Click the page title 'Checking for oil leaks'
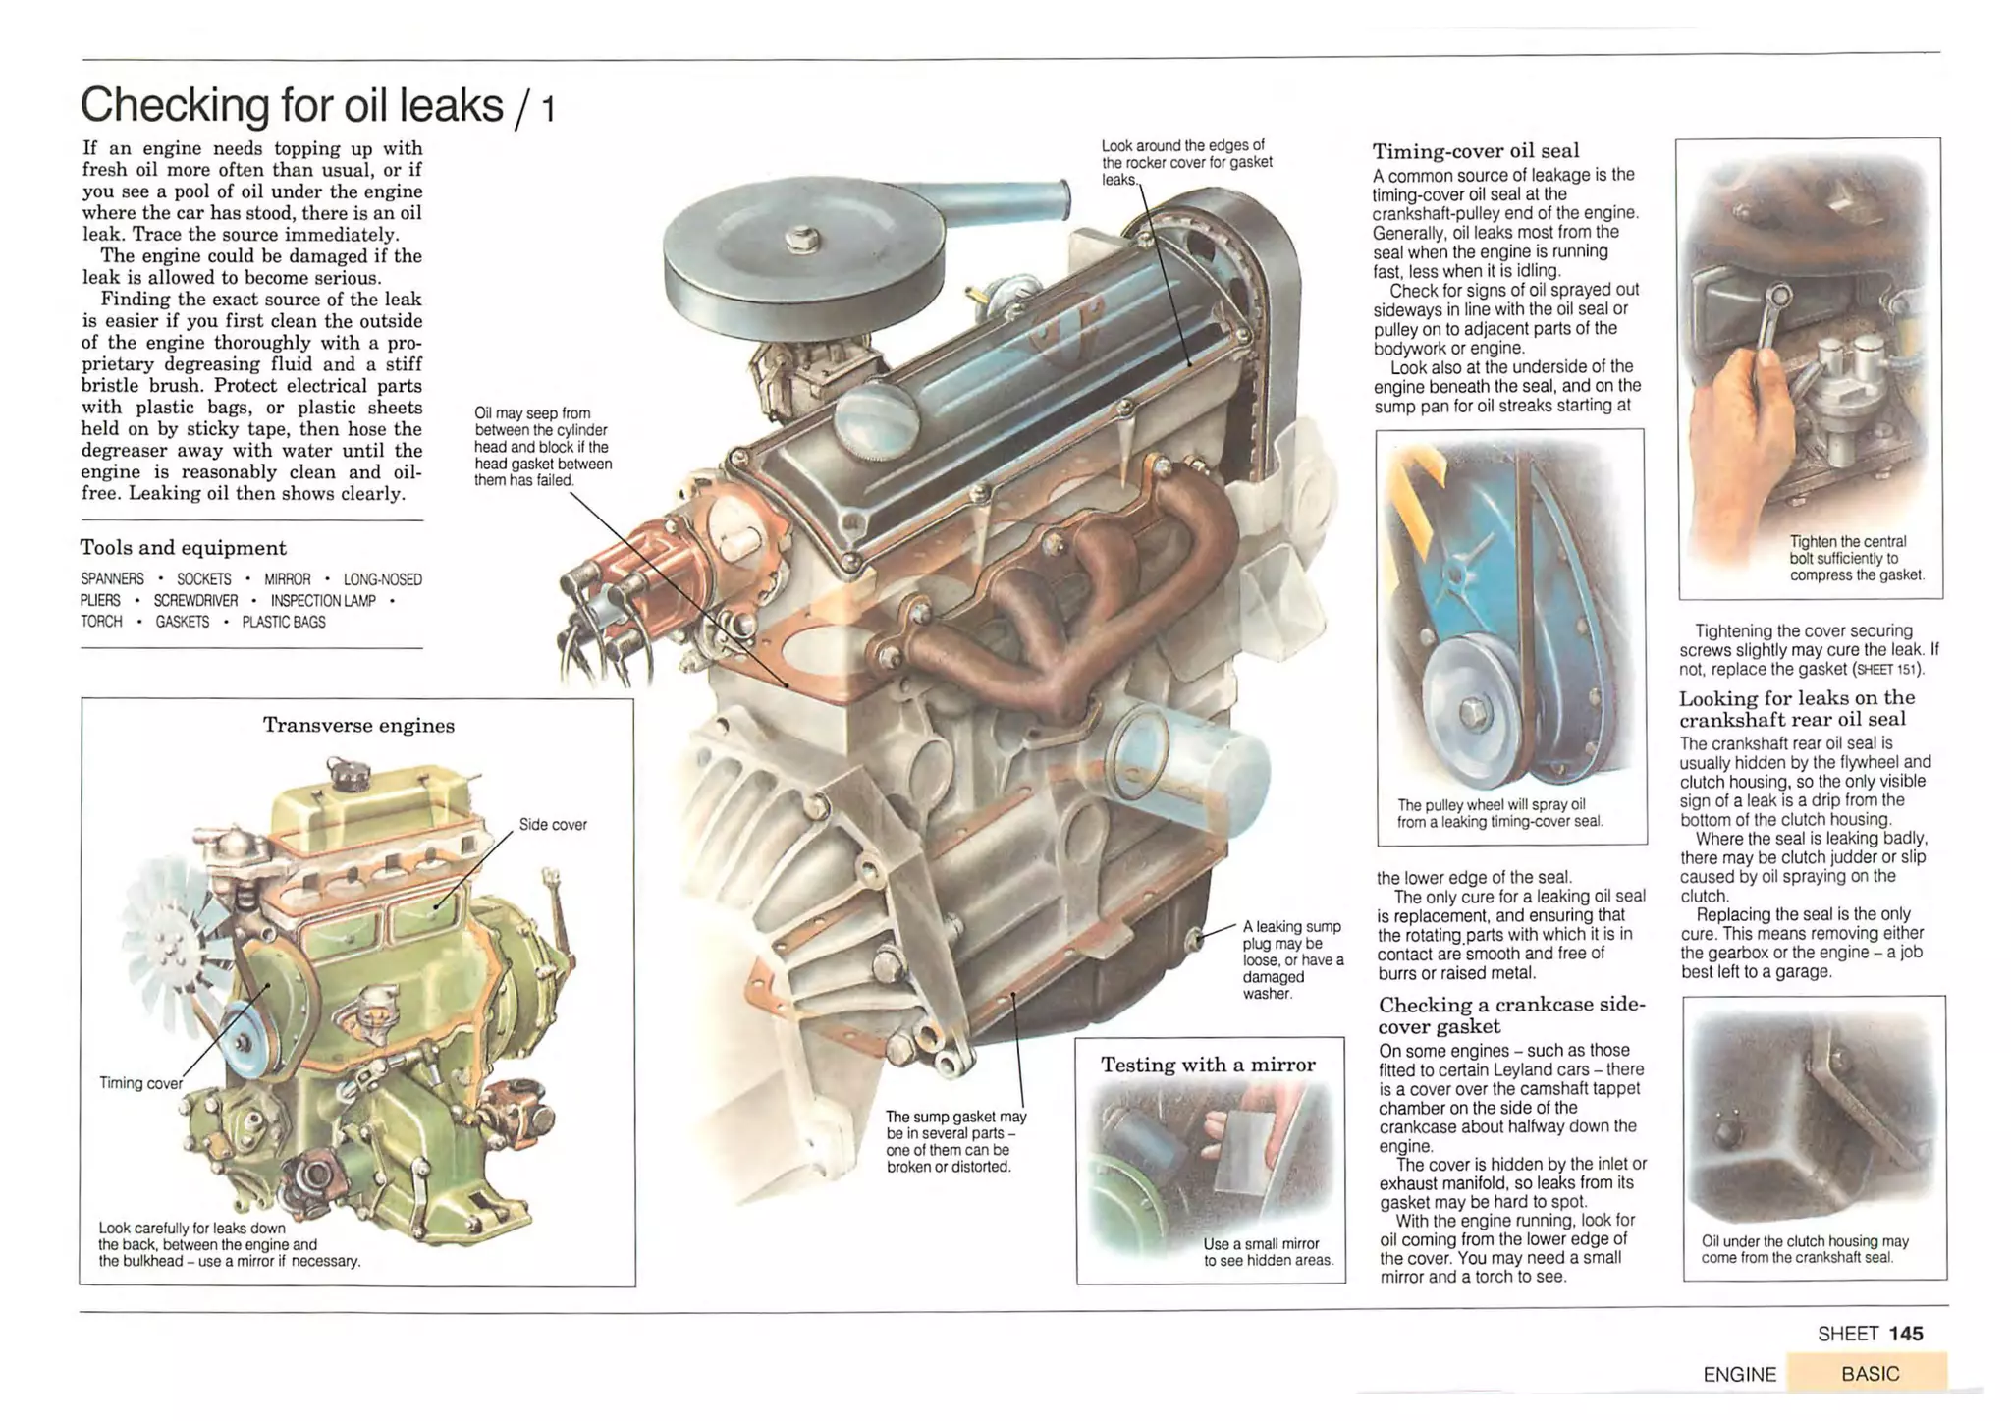click(x=292, y=105)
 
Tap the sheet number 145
click(x=1905, y=1334)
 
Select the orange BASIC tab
click(x=1869, y=1373)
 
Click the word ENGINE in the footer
click(x=1739, y=1374)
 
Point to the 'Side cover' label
click(x=553, y=825)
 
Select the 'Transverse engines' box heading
click(x=358, y=726)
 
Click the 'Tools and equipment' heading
click(x=183, y=548)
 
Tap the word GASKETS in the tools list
click(x=182, y=622)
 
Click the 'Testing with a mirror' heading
click(x=1208, y=1066)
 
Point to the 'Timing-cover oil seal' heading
click(x=1475, y=151)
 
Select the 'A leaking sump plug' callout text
click(x=1292, y=959)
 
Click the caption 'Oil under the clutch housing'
click(x=1805, y=1248)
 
